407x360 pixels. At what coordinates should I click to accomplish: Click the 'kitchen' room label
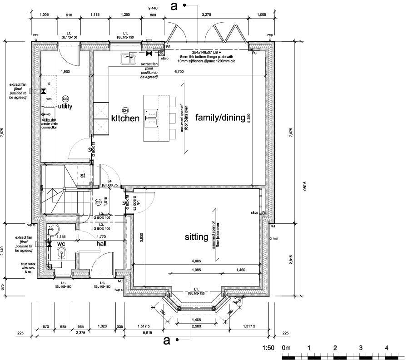[x=125, y=118]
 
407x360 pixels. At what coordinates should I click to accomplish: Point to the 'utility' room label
[x=65, y=106]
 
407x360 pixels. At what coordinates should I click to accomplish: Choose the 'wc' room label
[x=61, y=243]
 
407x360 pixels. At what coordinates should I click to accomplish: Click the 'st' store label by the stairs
[x=83, y=175]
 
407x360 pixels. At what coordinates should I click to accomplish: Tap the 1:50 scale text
[x=268, y=348]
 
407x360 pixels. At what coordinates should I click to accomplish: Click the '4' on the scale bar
[x=386, y=348]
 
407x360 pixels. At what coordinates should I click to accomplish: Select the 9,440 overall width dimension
[x=155, y=8]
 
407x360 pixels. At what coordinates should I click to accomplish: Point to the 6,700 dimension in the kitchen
[x=179, y=72]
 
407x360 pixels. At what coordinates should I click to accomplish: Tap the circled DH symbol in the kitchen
[x=125, y=110]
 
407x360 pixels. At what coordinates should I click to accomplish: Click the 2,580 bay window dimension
[x=197, y=326]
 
